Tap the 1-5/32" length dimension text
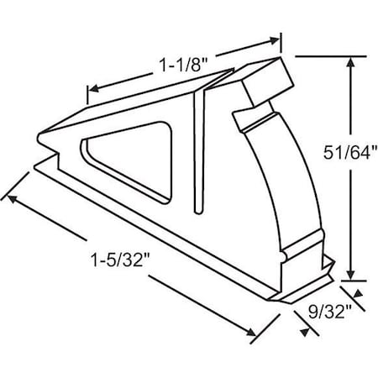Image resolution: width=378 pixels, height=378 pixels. coord(119,258)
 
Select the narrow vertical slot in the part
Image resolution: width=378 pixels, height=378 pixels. coord(200,151)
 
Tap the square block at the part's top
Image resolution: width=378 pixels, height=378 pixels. coord(266,85)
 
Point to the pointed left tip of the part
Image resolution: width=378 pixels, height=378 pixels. coord(38,136)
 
